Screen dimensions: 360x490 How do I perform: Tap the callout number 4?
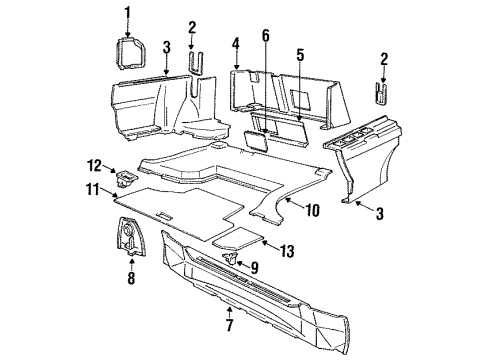pyautogui.click(x=236, y=43)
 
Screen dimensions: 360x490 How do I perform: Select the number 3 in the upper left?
pyautogui.click(x=167, y=46)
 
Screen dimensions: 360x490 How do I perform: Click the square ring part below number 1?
pyautogui.click(x=127, y=49)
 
